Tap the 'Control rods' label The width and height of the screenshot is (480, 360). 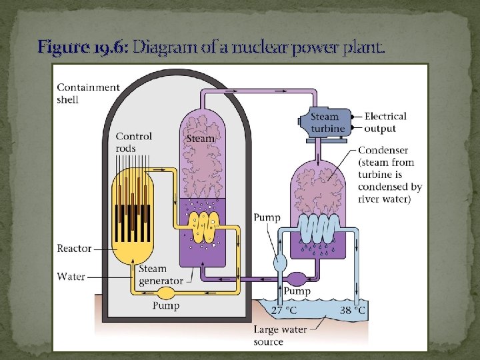click(134, 142)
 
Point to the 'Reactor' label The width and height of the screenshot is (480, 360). click(75, 249)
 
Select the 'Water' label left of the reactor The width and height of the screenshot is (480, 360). click(71, 276)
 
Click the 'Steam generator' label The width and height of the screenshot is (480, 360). click(161, 275)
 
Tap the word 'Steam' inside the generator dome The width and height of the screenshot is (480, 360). click(201, 139)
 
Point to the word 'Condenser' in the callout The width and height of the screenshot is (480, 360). click(383, 150)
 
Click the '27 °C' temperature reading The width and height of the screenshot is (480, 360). click(284, 310)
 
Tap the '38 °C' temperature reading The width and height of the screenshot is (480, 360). click(351, 310)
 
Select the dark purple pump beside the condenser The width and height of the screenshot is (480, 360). click(295, 277)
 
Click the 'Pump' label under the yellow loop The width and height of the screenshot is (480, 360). click(166, 306)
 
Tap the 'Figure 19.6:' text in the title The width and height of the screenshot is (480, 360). click(83, 47)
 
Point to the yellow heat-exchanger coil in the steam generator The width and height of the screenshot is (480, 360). click(201, 227)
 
